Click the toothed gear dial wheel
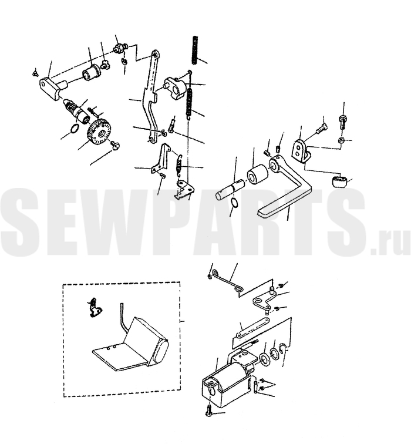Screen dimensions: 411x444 [x=99, y=132]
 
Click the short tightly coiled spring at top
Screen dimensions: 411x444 [x=195, y=50]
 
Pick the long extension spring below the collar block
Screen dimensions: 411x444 [x=190, y=103]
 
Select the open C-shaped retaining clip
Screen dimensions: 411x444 [x=283, y=348]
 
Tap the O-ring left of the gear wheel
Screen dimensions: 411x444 [x=74, y=129]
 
